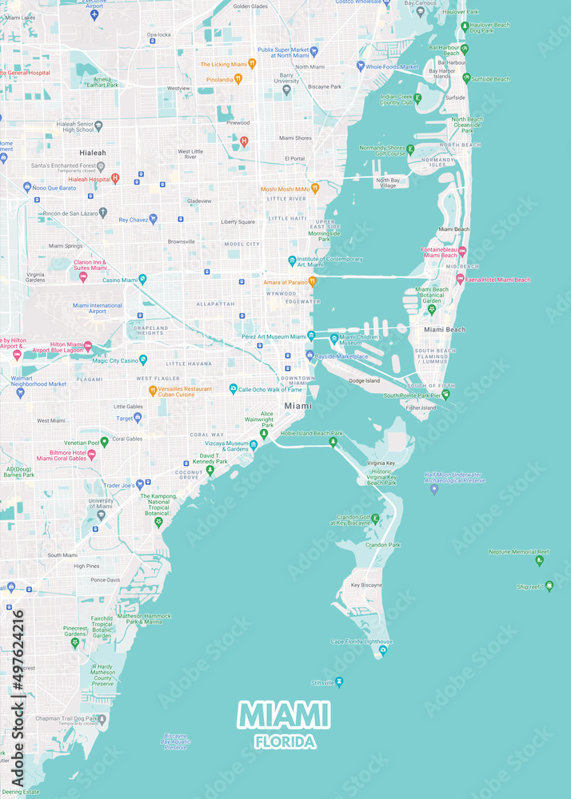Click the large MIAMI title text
tap(284, 716)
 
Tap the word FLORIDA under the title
tap(285, 742)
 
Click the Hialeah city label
tap(92, 152)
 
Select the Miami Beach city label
tap(445, 329)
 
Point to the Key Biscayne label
tap(367, 584)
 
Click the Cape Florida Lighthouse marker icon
tap(383, 650)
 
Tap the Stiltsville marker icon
tap(339, 682)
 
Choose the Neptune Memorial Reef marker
tap(539, 560)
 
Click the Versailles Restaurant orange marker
tap(152, 391)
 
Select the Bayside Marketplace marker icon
tap(309, 356)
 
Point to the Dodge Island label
tap(364, 381)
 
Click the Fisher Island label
tap(421, 407)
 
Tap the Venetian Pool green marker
tap(104, 441)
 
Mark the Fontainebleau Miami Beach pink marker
tap(461, 252)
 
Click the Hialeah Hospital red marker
tap(115, 179)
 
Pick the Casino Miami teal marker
tap(142, 280)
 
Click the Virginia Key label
tap(381, 463)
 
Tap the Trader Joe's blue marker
tap(139, 484)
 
